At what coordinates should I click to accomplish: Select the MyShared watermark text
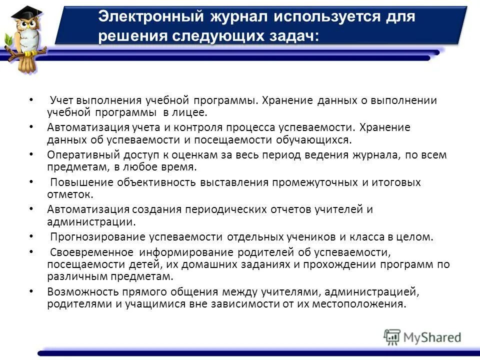coord(432,337)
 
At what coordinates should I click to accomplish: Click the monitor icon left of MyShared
coord(392,337)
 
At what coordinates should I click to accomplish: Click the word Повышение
coord(81,182)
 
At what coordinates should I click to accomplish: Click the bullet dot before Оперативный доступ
coord(32,154)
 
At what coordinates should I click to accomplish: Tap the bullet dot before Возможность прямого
coord(32,290)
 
